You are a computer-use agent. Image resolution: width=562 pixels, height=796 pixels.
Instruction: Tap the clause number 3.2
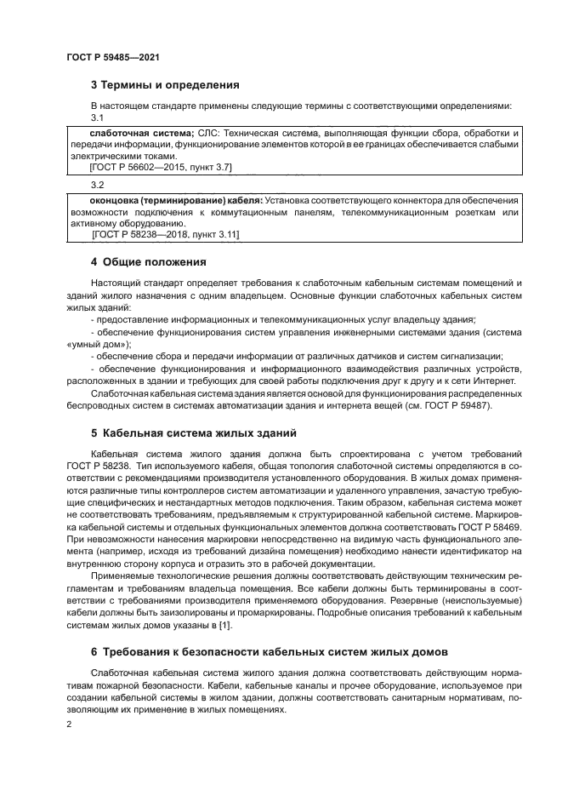pos(97,185)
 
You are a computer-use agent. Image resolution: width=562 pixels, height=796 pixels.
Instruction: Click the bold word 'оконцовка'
pos(116,201)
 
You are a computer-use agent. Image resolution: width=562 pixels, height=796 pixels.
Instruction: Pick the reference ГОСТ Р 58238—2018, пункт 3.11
pos(167,233)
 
